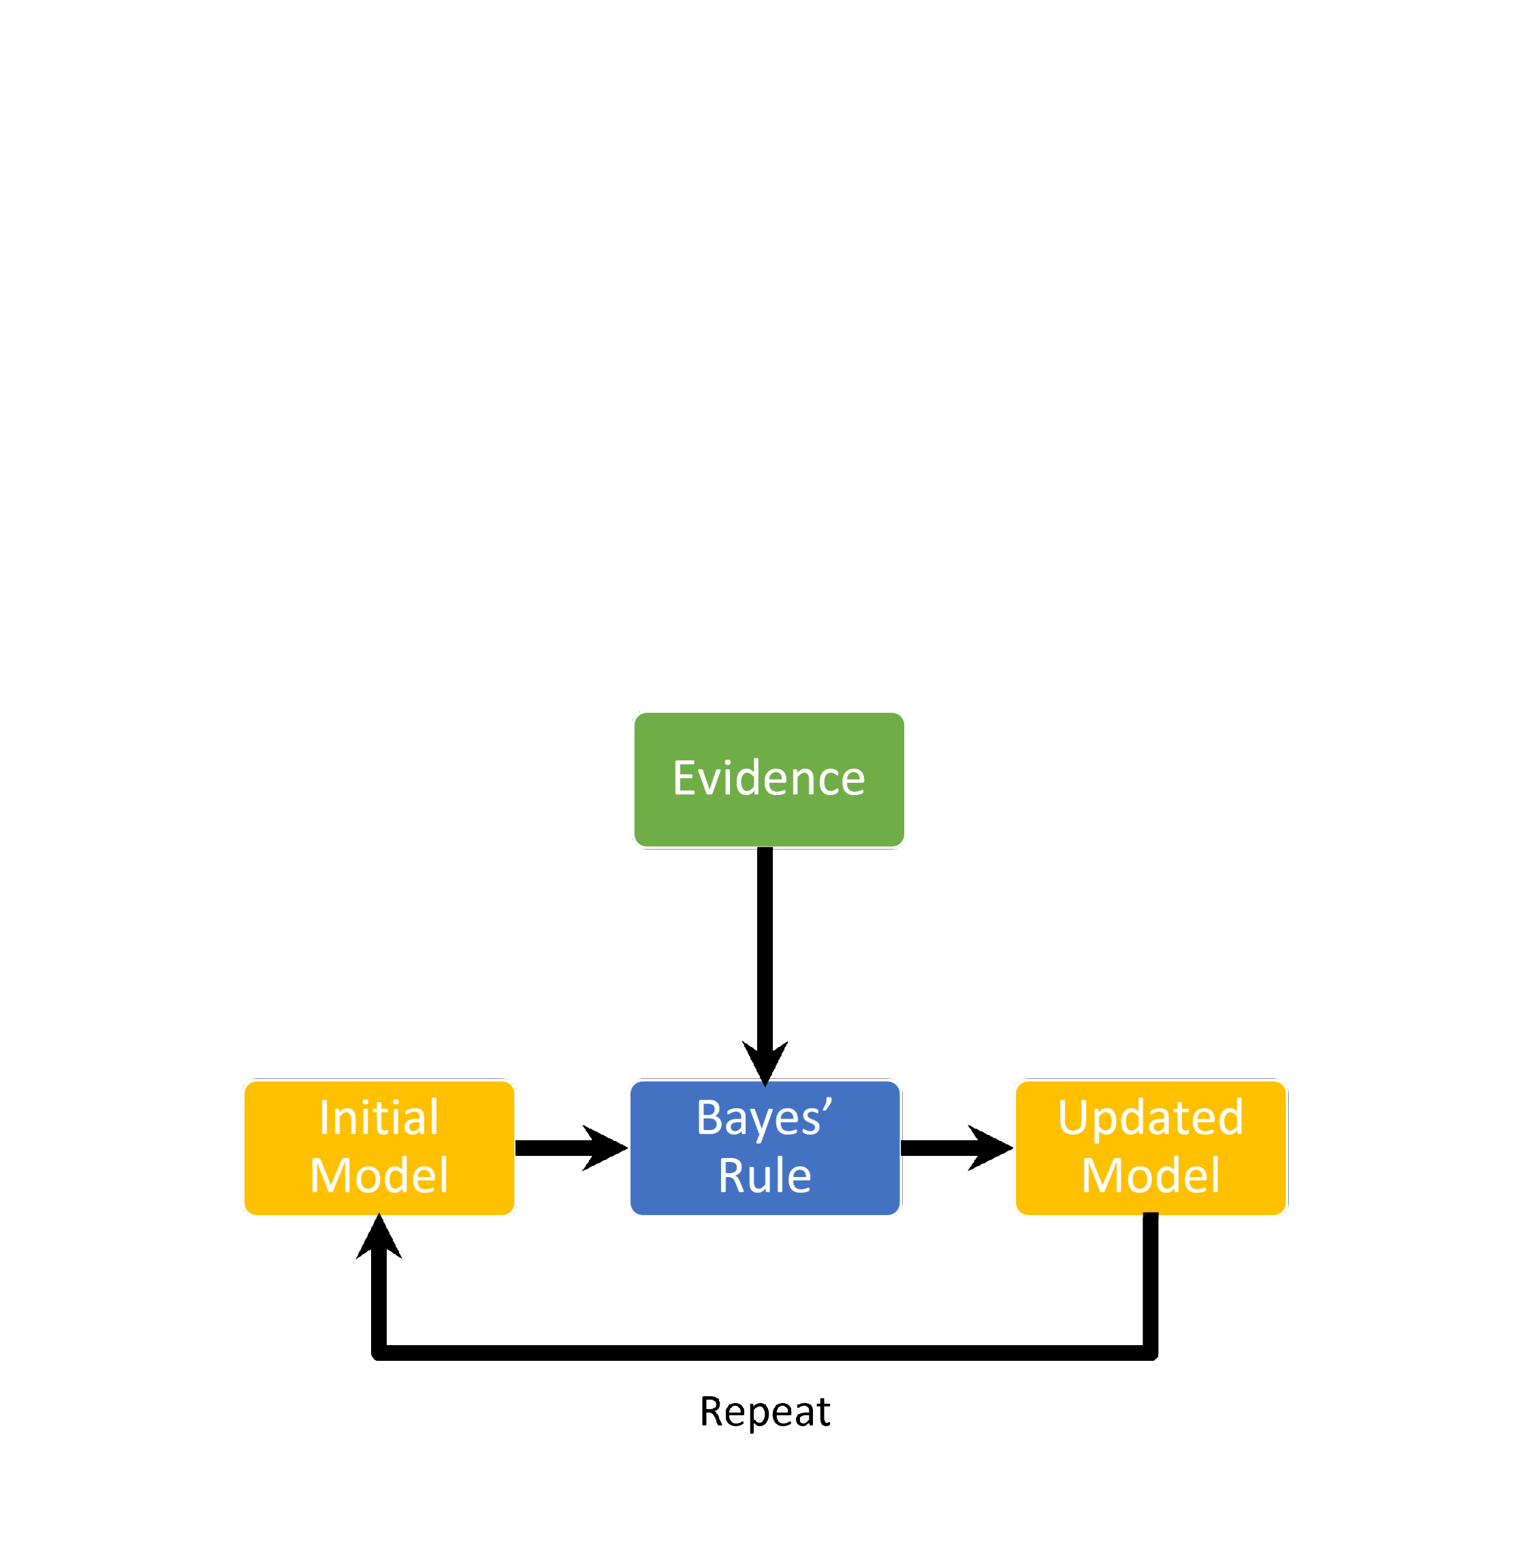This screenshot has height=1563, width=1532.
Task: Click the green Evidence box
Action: coord(769,779)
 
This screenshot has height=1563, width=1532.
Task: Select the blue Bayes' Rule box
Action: coord(765,1148)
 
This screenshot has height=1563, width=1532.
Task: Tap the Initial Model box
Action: coord(379,1148)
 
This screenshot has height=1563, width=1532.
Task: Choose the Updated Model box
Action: coord(1151,1148)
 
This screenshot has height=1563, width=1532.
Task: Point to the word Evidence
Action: coord(769,779)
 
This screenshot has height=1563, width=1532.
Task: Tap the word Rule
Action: coord(765,1176)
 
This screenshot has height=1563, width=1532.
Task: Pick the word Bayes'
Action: coord(765,1119)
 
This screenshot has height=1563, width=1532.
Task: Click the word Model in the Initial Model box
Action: coord(379,1176)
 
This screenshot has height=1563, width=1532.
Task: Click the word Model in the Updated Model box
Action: coord(1151,1176)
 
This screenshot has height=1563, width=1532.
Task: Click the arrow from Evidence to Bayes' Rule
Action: coord(765,966)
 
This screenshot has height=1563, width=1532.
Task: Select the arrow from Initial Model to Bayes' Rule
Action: coord(571,1148)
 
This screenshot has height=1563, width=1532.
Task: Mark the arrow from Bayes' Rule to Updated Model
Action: coord(957,1148)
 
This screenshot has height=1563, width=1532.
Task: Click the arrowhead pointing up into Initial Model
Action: coord(379,1237)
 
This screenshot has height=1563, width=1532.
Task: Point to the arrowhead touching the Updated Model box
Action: coord(991,1148)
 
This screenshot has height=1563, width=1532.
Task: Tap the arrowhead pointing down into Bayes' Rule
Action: coord(765,1063)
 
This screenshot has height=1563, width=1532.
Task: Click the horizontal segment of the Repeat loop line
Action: coord(765,1353)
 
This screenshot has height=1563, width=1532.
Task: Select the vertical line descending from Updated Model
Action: coord(1151,1285)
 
